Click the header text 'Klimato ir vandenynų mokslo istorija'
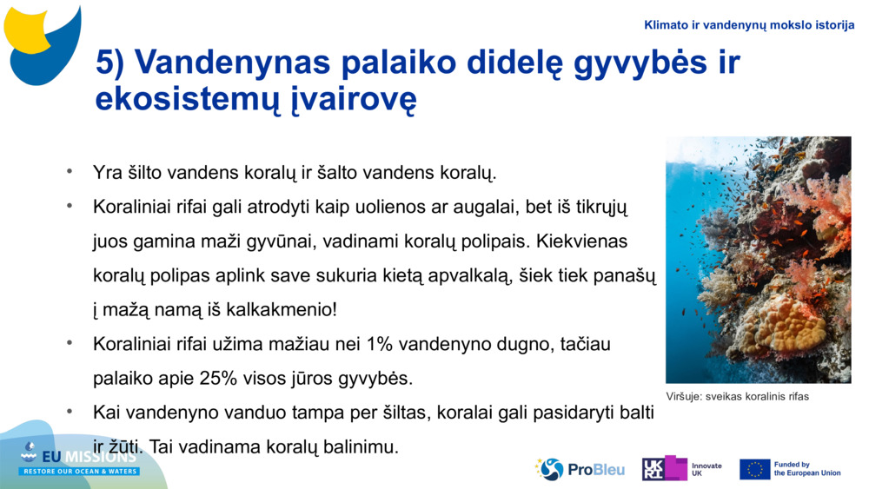[x=749, y=25]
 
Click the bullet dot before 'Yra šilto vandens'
[x=69, y=171]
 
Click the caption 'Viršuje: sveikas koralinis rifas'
[x=737, y=397]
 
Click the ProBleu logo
[x=580, y=470]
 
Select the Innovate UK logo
[x=682, y=469]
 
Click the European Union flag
[x=754, y=469]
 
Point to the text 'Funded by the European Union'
[x=806, y=469]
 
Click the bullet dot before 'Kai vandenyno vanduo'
[x=69, y=413]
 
